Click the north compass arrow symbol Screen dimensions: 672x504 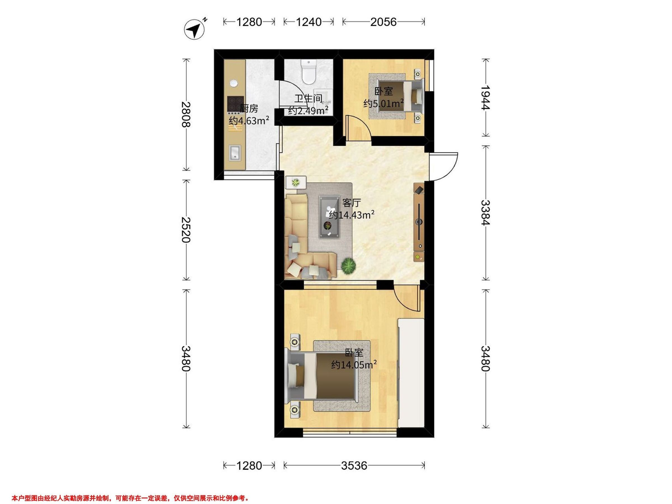point(195,29)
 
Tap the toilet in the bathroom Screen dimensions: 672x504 point(309,72)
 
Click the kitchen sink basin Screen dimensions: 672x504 point(235,153)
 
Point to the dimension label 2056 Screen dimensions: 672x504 point(383,22)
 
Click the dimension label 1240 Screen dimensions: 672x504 point(308,22)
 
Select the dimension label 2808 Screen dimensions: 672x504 point(186,115)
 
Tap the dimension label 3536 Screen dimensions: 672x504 point(354,466)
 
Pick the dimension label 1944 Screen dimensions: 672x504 point(486,97)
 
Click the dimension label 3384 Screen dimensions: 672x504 point(486,212)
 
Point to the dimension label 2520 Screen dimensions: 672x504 point(186,230)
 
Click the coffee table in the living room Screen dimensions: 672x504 point(329,217)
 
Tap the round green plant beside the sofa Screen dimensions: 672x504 point(348,267)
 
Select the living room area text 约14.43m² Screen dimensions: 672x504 point(351,215)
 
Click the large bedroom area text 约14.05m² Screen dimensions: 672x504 point(354,365)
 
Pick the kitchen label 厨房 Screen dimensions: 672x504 point(249,108)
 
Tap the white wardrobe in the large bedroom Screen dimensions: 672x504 point(411,373)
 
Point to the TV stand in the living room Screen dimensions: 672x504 point(419,222)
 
